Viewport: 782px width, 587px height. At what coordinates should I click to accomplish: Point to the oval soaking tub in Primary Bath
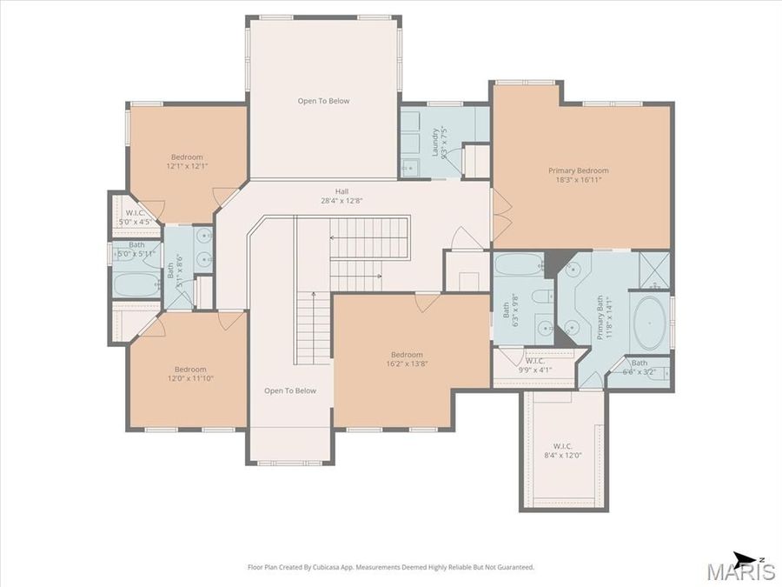tap(650, 323)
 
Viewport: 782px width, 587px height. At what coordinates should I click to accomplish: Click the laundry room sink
tap(409, 167)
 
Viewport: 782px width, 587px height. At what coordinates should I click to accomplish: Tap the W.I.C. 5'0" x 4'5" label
tap(136, 217)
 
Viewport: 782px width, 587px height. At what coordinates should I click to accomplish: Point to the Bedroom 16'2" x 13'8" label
tap(406, 359)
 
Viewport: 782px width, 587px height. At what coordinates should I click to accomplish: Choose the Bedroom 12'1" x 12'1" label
tap(187, 162)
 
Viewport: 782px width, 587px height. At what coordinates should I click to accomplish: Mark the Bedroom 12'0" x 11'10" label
tap(189, 373)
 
